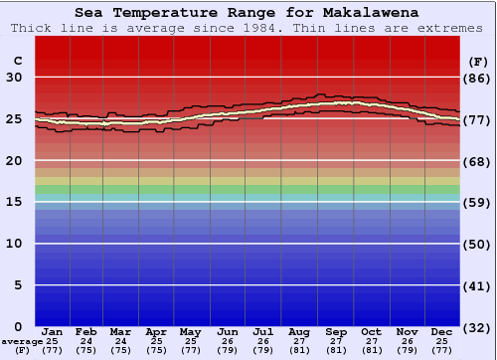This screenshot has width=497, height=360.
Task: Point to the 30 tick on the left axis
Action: tap(14, 78)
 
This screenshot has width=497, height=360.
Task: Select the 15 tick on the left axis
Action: tap(14, 202)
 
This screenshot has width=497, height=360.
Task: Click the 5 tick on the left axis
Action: tap(18, 285)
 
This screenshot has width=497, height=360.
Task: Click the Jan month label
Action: tap(52, 331)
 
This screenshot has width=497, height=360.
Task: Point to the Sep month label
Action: tap(335, 331)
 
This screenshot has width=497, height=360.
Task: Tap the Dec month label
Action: tap(442, 331)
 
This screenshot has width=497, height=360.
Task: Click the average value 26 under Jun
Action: tap(229, 341)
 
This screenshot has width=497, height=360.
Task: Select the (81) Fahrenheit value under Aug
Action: tap(299, 350)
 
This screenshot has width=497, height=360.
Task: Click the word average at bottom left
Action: tap(22, 341)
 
